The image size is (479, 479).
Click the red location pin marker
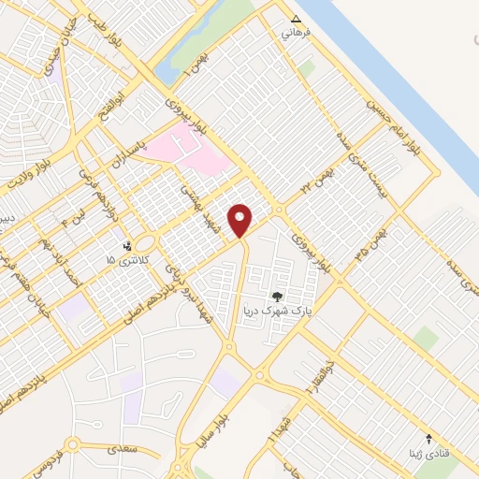pos(241,220)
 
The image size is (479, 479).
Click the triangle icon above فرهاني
pos(297,18)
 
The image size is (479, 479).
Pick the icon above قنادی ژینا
pos(429,438)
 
